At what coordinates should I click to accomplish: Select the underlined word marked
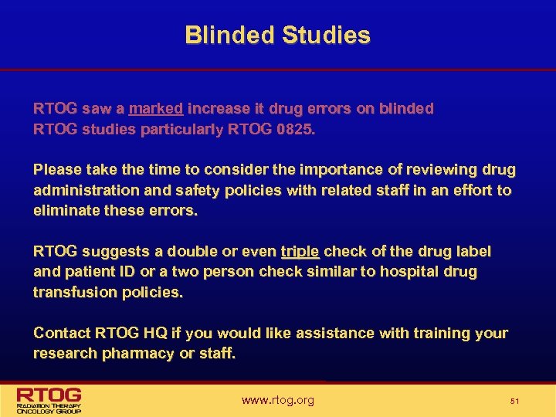156,109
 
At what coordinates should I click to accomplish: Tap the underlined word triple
300,251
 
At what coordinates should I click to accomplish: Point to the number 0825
294,129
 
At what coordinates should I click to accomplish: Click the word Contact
61,333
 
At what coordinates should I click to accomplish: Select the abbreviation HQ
151,333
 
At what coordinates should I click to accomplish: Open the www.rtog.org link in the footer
278,400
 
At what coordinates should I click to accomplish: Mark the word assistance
335,333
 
